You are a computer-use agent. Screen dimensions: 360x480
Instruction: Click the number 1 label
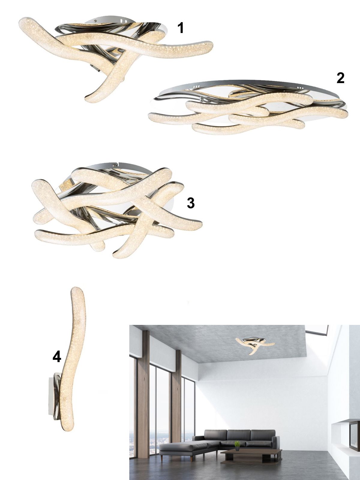[181, 28]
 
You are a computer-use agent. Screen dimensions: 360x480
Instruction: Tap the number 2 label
[340, 78]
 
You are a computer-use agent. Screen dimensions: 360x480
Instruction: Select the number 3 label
[190, 203]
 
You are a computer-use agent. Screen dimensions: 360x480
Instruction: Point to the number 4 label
[57, 357]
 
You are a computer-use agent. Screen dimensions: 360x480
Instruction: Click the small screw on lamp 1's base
[95, 21]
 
